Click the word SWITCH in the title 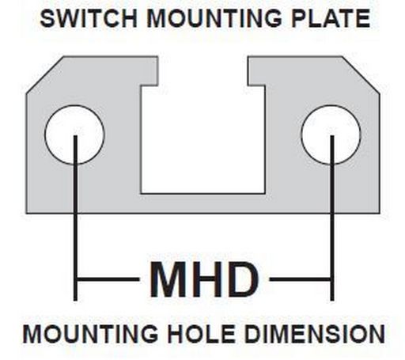pyautogui.click(x=89, y=18)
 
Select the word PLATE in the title pyautogui.click(x=331, y=18)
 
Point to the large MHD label pyautogui.click(x=204, y=279)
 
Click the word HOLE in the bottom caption pyautogui.click(x=201, y=334)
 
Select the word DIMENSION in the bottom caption pyautogui.click(x=314, y=334)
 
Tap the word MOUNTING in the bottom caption pyautogui.click(x=90, y=334)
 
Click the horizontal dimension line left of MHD pyautogui.click(x=108, y=279)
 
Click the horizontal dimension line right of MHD pyautogui.click(x=300, y=279)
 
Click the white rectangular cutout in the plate pyautogui.click(x=202, y=140)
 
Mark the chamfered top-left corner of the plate pyautogui.click(x=45, y=74)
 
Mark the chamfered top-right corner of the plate pyautogui.click(x=361, y=74)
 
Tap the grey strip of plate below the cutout pyautogui.click(x=202, y=203)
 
